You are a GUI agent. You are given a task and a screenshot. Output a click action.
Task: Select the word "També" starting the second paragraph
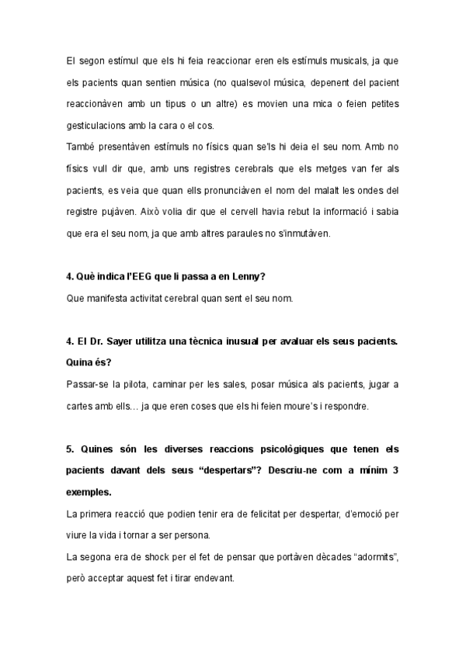(80, 147)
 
